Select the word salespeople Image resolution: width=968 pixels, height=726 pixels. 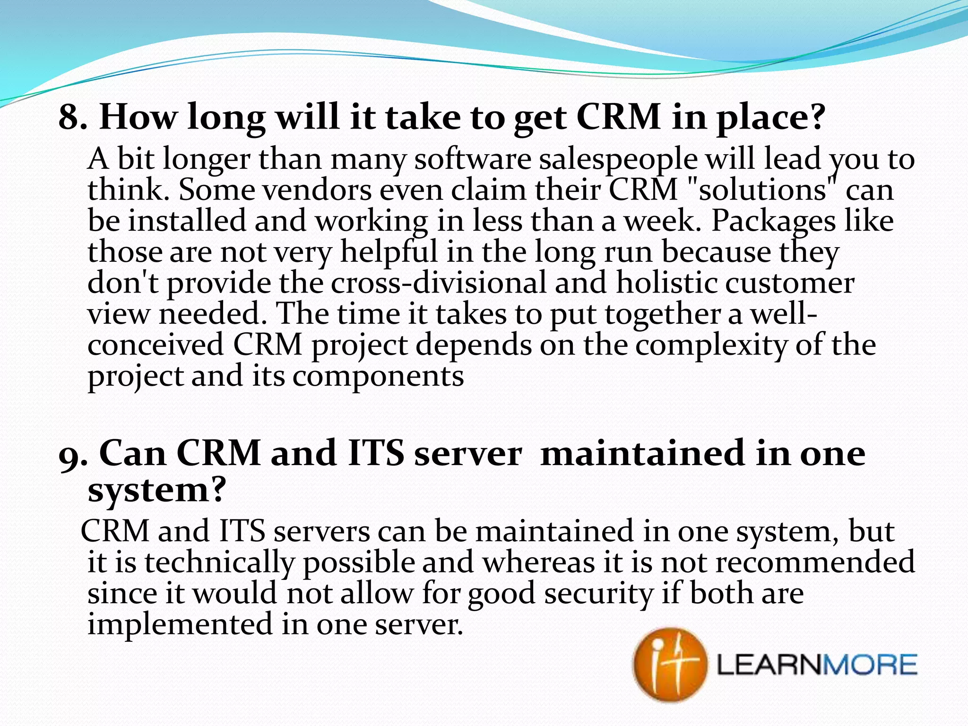click(618, 160)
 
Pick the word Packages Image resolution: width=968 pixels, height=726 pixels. click(773, 221)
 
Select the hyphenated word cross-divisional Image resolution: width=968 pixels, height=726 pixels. click(437, 283)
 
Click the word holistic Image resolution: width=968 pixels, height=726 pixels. click(666, 283)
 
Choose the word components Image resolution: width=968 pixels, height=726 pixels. click(378, 377)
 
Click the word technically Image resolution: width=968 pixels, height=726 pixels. click(219, 563)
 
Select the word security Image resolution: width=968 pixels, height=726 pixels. click(598, 594)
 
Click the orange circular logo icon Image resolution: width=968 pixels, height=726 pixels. click(670, 664)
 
